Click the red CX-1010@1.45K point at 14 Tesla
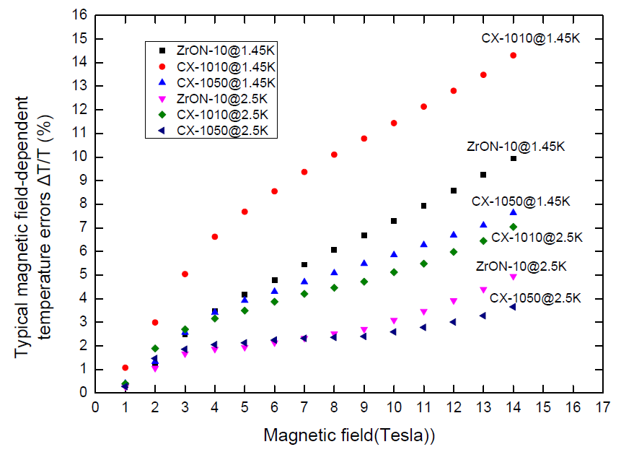coord(513,56)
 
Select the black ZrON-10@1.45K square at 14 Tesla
coord(513,158)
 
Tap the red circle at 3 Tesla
coord(185,274)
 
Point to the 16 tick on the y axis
coord(82,15)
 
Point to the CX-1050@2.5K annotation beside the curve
coord(535,297)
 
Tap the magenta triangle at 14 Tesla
coord(513,277)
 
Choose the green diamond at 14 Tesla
coord(513,227)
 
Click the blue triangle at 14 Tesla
coord(513,212)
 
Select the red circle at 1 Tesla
coord(125,368)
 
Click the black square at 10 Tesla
coord(394,221)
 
